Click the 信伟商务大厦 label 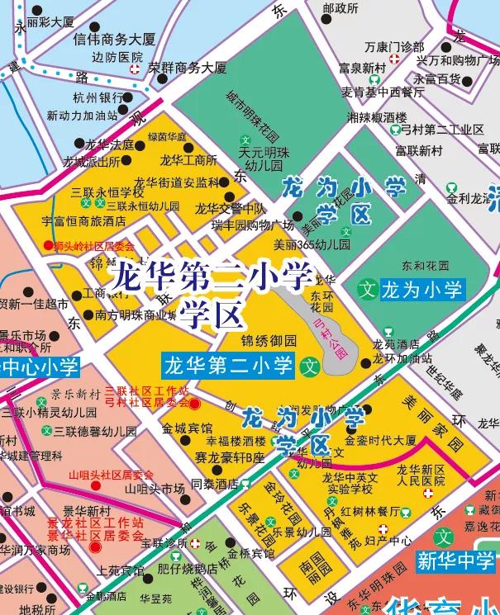[x=114, y=39]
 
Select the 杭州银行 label [x=96, y=97]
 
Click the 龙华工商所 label [x=188, y=160]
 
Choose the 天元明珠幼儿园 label [x=251, y=158]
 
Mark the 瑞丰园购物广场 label [x=252, y=225]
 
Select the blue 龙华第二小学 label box [x=228, y=364]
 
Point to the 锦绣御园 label [x=268, y=340]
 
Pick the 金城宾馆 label [x=186, y=428]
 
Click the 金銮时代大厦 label [x=380, y=440]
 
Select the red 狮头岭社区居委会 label [x=88, y=245]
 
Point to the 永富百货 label [x=437, y=79]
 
